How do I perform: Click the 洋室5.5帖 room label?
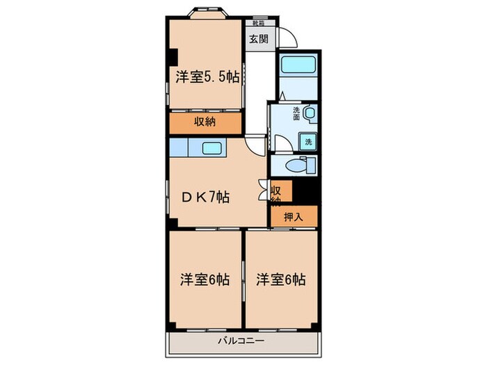(x=206, y=78)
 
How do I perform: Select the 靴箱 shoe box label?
(x=259, y=23)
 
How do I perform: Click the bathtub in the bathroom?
(x=297, y=67)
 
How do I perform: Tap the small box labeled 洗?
(x=308, y=141)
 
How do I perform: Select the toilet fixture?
(x=303, y=165)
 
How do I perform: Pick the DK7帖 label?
(x=206, y=196)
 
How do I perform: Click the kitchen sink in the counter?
(x=212, y=147)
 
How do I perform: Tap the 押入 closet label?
(x=293, y=216)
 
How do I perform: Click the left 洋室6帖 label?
(x=205, y=279)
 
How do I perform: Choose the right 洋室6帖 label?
(x=280, y=279)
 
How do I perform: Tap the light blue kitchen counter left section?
(x=179, y=147)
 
